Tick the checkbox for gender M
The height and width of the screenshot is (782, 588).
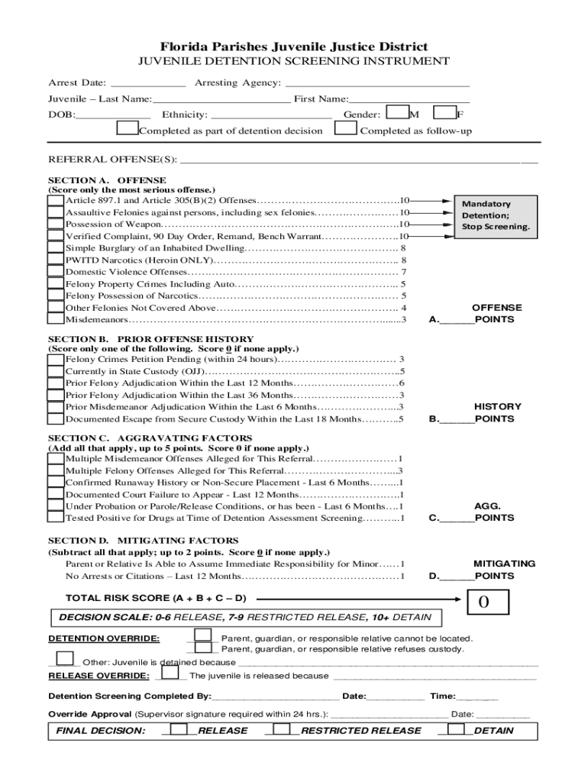tap(397, 113)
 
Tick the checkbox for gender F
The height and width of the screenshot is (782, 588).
tap(444, 113)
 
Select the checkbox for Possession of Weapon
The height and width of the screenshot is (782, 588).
tap(56, 225)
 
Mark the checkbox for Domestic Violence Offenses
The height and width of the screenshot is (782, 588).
tap(56, 272)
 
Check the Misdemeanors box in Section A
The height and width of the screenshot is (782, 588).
tap(56, 319)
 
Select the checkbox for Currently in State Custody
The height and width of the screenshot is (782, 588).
tap(56, 371)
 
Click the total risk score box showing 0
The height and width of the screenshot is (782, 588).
tap(483, 603)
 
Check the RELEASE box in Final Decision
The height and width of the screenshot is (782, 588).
tap(179, 729)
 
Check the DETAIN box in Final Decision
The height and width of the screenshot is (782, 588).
tap(457, 729)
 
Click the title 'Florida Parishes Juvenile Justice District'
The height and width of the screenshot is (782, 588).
tap(294, 47)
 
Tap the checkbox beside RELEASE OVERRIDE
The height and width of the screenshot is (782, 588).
tap(171, 673)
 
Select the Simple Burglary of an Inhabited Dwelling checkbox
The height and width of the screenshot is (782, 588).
tap(56, 248)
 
